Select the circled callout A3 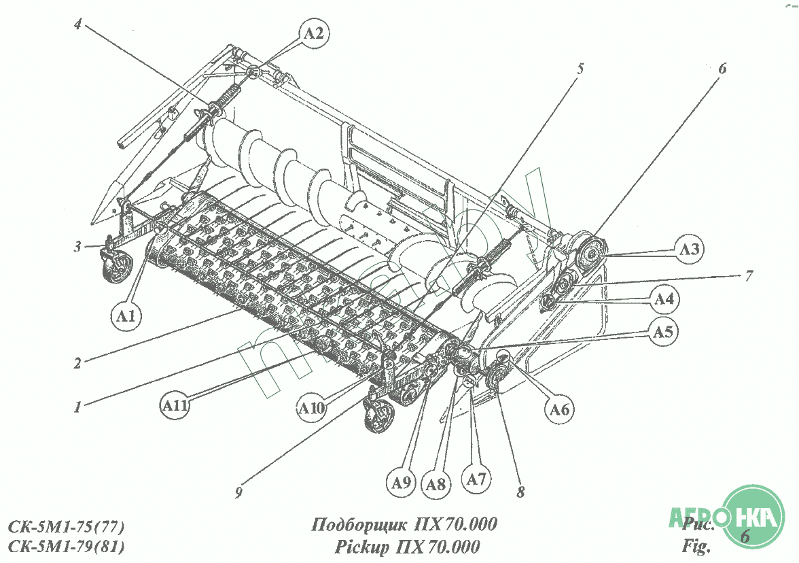pos(689,248)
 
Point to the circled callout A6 pos(559,409)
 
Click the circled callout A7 pos(478,479)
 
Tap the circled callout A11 pos(175,407)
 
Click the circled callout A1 pos(126,314)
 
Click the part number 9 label pos(238,494)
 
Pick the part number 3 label pos(78,245)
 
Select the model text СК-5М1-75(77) pos(67,528)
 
